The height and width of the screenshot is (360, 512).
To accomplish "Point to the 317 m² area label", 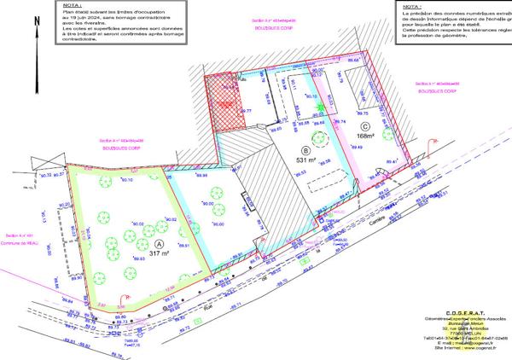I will coord(160,253).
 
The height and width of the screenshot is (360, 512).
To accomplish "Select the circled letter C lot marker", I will coord(364,125).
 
